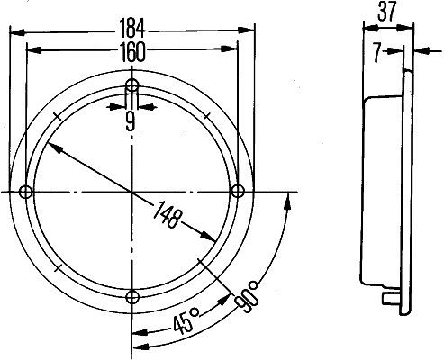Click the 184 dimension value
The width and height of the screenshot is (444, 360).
click(x=132, y=29)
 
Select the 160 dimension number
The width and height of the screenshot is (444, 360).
click(x=132, y=51)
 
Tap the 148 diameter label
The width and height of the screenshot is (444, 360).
click(x=168, y=214)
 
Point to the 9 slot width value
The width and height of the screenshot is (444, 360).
click(x=131, y=122)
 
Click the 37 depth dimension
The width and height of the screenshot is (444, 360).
click(x=387, y=12)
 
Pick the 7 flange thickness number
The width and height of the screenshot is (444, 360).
click(x=377, y=53)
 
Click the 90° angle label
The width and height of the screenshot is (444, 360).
click(x=247, y=296)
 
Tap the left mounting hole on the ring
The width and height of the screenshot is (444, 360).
click(x=25, y=192)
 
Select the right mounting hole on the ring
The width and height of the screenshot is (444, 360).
click(x=238, y=191)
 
